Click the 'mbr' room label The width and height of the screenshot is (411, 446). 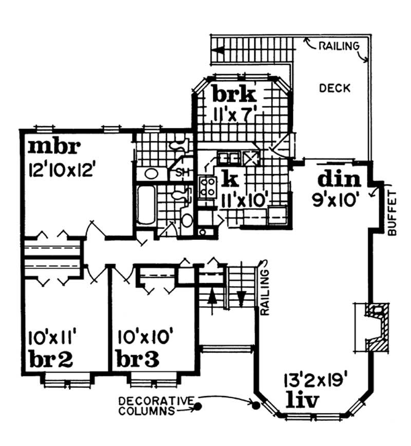coord(54,147)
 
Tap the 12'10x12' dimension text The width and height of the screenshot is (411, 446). coord(61,170)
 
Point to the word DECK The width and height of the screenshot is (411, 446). coord(334,88)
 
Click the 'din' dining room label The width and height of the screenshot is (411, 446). coord(340,179)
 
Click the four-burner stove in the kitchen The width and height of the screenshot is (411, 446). coord(208,185)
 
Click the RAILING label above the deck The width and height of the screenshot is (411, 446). coord(339,46)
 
